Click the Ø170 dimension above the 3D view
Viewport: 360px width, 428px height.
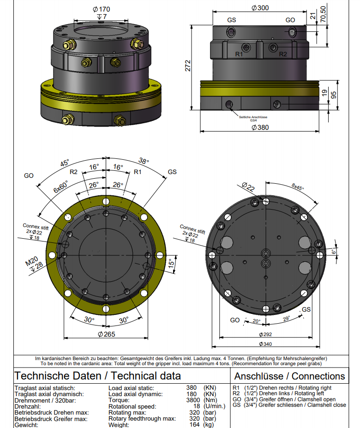[x=101, y=9]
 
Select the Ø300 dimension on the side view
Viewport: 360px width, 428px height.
[x=260, y=7]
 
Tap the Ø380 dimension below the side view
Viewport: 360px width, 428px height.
[x=260, y=127]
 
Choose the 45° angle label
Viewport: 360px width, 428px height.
[x=65, y=163]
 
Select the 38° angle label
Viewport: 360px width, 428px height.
[x=144, y=161]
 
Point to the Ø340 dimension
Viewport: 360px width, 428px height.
[x=265, y=344]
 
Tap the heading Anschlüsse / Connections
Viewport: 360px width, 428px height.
[x=289, y=376]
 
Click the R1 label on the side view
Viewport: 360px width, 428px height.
[x=239, y=54]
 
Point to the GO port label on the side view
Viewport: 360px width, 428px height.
[x=290, y=20]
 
